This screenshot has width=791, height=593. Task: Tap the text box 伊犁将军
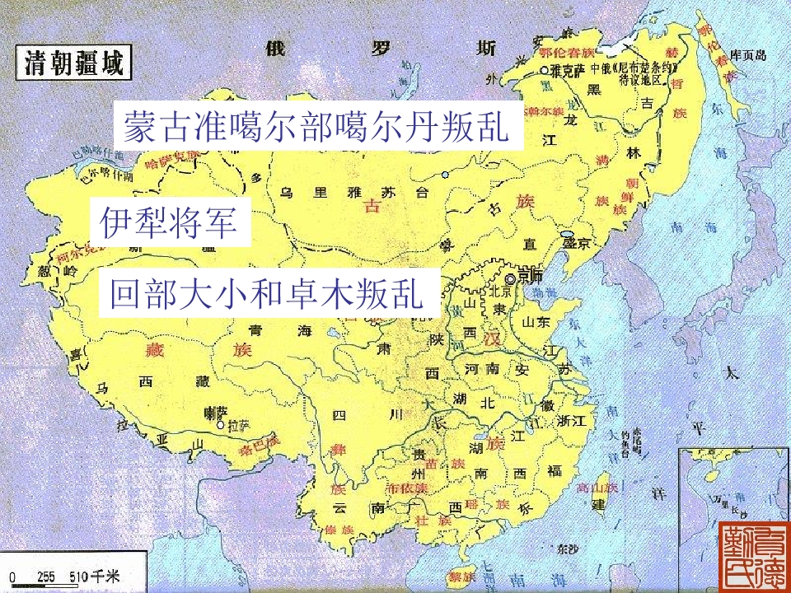click(170, 222)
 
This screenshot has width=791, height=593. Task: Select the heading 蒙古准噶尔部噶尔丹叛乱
click(318, 126)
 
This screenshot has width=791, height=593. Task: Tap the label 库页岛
click(751, 55)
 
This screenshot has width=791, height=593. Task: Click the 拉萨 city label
click(238, 427)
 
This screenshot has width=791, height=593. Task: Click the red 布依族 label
click(408, 488)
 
